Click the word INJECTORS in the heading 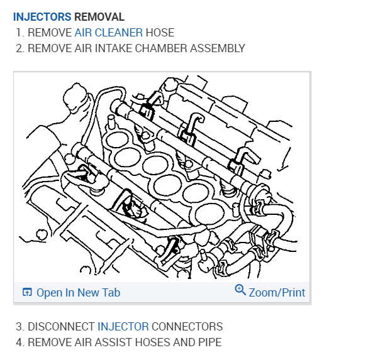pos(42,17)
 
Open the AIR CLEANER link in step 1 pos(108,33)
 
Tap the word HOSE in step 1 pos(160,33)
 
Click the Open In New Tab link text pos(78,293)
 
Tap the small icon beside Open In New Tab pos(27,293)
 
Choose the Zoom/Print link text pos(277,293)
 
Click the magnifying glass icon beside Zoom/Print pos(240,290)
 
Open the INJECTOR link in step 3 pos(123,327)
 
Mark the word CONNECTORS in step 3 pos(187,327)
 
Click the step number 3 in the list pos(20,327)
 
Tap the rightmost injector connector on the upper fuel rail pos(237,162)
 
